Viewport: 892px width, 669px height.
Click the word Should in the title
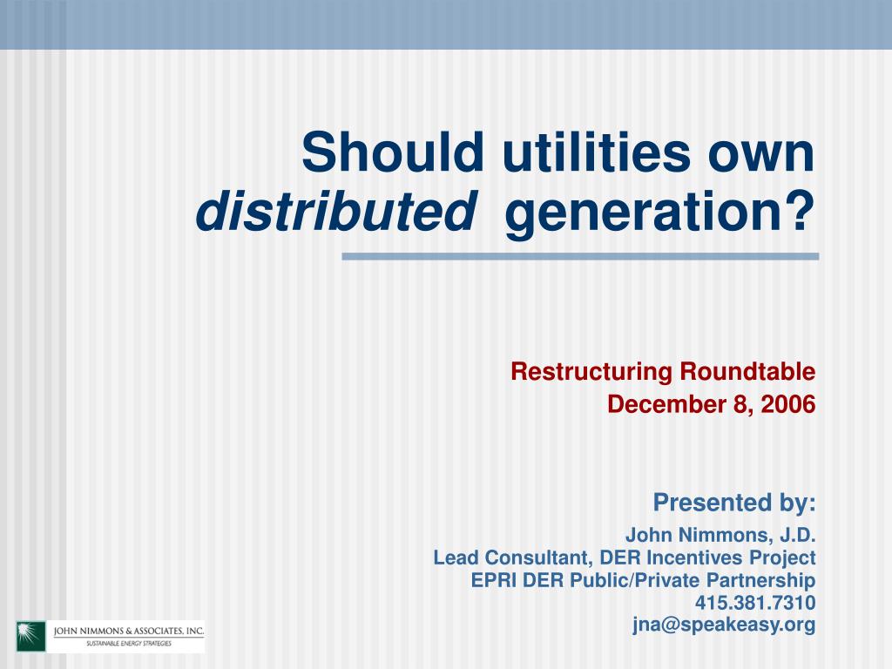(393, 152)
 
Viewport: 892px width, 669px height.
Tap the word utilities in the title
(596, 152)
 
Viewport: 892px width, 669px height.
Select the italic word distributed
(335, 211)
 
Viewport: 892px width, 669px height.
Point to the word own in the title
(761, 157)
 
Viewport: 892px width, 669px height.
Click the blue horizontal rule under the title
(580, 257)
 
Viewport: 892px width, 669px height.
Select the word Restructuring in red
(591, 372)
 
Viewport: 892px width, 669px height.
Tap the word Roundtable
(747, 371)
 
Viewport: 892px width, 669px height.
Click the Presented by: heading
(734, 503)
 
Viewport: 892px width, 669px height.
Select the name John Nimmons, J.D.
(720, 535)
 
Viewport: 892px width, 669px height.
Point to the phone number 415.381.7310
(755, 603)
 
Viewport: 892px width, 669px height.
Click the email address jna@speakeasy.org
(724, 625)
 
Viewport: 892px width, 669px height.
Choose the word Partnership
(760, 581)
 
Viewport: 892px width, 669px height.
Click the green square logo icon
(30, 636)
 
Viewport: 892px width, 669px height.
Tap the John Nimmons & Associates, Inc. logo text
(129, 631)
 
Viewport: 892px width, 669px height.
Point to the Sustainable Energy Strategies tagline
(129, 644)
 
